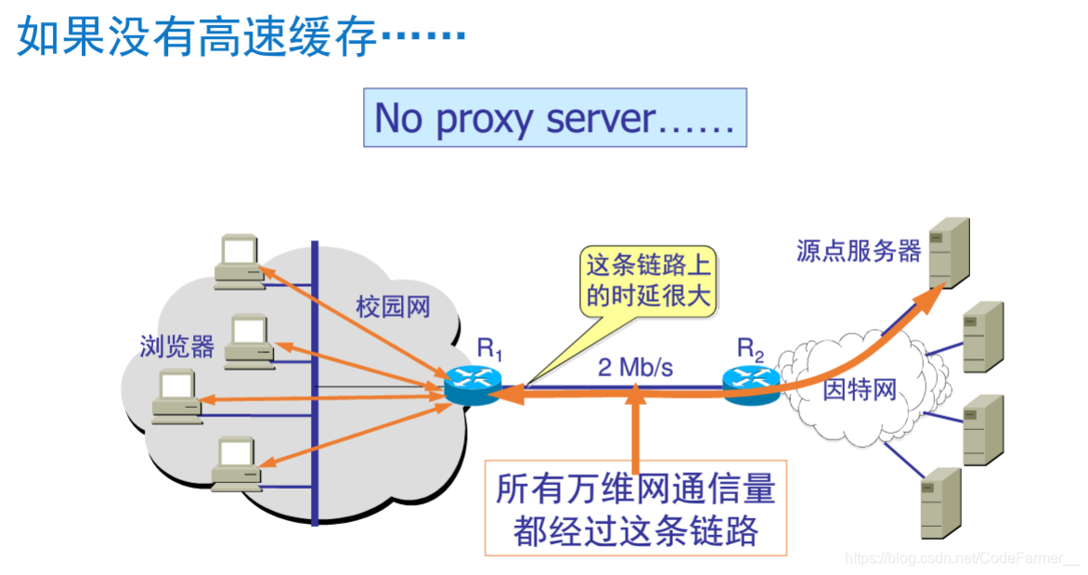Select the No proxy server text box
point(554,118)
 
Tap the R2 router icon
point(751,384)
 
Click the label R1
point(489,349)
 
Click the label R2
point(751,349)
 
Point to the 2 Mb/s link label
point(635,367)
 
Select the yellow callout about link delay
point(648,281)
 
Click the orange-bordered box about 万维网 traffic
point(635,508)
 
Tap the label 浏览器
point(177,346)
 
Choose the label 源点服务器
point(858,251)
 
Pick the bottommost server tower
point(940,503)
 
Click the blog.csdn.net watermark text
point(962,557)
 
